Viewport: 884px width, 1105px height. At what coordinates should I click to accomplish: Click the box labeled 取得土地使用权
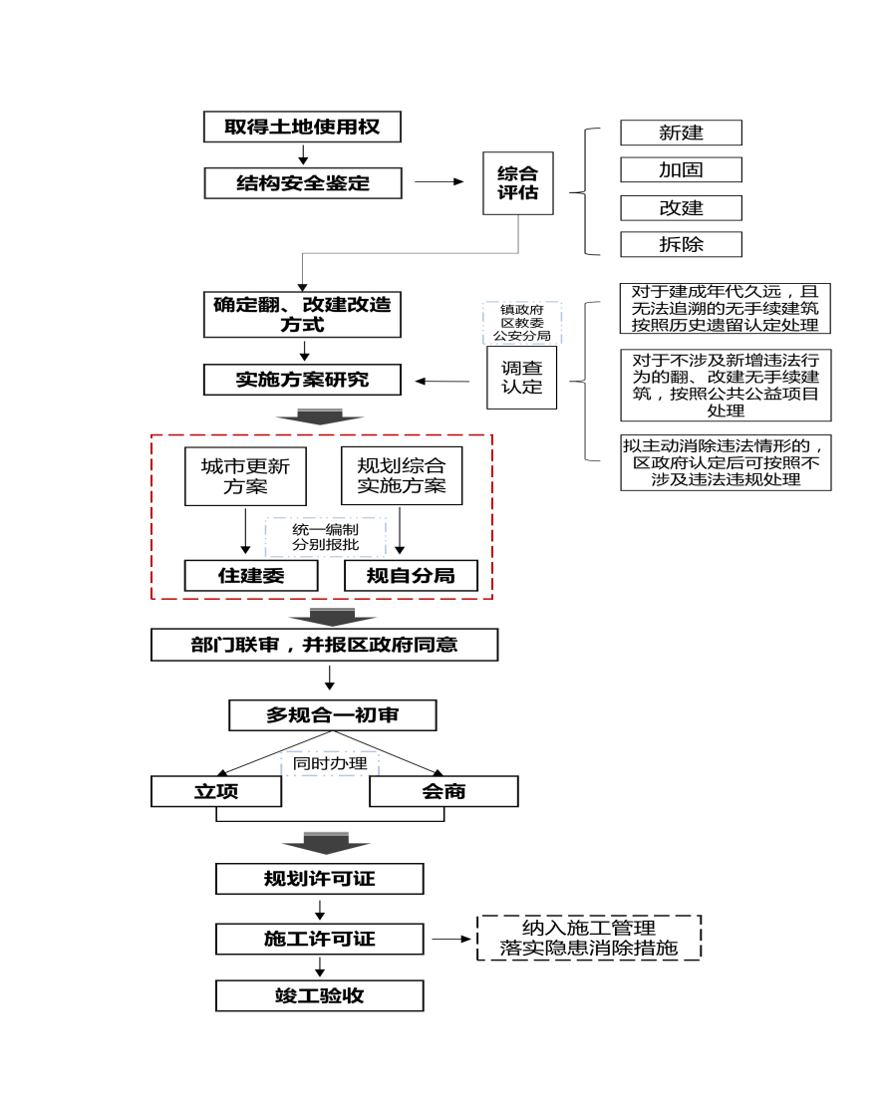[x=302, y=128]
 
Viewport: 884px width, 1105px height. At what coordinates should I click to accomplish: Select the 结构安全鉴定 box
[x=303, y=183]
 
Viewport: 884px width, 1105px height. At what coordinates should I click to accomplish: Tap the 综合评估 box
[x=517, y=183]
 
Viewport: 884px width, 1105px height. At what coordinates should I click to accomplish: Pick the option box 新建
[x=681, y=133]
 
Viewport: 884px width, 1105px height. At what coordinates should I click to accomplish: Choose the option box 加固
[x=681, y=169]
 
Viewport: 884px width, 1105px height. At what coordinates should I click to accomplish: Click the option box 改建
[x=681, y=207]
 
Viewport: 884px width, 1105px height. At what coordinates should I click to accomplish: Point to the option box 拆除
[x=681, y=244]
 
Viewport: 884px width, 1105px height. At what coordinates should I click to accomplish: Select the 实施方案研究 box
[x=303, y=380]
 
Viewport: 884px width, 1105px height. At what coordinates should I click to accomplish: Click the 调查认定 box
[x=521, y=378]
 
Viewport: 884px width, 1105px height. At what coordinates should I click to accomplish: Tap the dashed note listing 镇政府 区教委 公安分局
[x=521, y=323]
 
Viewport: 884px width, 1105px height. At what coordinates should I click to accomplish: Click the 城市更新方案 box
[x=245, y=477]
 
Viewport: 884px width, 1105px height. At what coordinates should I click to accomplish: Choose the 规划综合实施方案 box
[x=402, y=477]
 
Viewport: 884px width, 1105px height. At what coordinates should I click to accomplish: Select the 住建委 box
[x=251, y=576]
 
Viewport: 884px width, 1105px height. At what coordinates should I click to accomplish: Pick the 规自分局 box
[x=411, y=576]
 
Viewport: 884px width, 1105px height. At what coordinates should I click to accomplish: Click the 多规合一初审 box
[x=333, y=715]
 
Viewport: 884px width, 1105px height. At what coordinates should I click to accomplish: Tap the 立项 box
[x=215, y=791]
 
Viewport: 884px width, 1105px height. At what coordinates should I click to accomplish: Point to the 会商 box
[x=443, y=791]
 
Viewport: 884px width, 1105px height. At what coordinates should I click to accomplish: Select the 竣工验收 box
[x=320, y=995]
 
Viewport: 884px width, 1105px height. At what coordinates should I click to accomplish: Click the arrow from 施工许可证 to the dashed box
[x=450, y=939]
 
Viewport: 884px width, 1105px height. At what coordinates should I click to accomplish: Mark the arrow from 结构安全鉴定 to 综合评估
[x=440, y=182]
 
